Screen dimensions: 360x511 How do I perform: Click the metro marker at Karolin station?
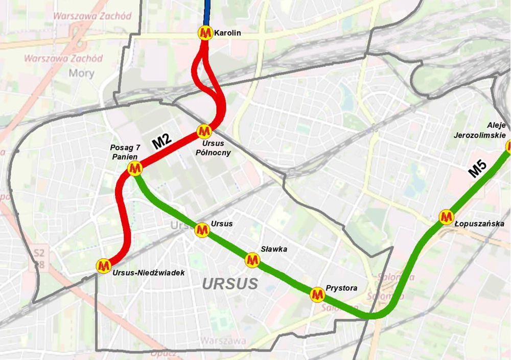205,34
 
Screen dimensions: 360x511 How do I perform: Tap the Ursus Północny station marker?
204,131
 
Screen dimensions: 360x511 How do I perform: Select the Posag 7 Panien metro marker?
135,168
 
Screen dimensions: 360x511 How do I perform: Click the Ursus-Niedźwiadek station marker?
104,265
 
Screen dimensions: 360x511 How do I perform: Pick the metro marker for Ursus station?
202,231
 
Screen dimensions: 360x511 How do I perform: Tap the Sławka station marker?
251,260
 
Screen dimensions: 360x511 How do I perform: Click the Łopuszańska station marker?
447,217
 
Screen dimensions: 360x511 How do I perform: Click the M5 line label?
478,169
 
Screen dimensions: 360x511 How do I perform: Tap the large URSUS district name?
230,284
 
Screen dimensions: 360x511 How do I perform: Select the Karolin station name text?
227,34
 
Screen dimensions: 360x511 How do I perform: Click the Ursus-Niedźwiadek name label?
148,273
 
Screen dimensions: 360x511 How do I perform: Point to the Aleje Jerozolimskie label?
483,130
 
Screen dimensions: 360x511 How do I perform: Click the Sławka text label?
273,249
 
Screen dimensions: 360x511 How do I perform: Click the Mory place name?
81,73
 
